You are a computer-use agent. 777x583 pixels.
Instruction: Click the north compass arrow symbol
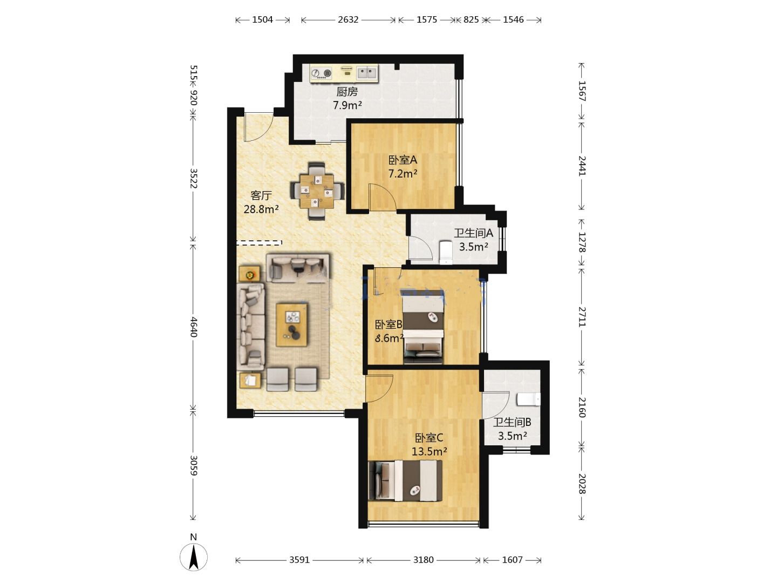pos(193,558)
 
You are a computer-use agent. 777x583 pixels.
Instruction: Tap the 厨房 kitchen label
pos(347,92)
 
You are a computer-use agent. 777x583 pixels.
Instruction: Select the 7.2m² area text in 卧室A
pos(403,174)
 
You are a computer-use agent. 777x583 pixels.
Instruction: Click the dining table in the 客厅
pos(317,191)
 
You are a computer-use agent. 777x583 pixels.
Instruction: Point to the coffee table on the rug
pos(292,324)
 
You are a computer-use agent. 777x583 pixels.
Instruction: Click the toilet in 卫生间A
pos(446,253)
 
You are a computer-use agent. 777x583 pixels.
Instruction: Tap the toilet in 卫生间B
pos(528,399)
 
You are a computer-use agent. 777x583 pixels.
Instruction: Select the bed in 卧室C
pos(405,480)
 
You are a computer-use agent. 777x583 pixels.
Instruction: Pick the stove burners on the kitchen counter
pos(322,74)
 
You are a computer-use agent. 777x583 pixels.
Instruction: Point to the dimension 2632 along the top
pos(348,19)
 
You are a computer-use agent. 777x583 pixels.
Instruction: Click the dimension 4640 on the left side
pos(193,327)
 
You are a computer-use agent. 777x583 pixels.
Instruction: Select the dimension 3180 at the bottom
pos(424,560)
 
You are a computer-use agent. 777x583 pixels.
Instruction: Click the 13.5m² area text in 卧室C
pos(429,451)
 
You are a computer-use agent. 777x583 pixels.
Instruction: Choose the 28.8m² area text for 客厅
pos(261,209)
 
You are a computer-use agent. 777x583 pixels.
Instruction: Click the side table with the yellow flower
pos(250,274)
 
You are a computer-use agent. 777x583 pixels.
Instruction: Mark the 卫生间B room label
pos(512,422)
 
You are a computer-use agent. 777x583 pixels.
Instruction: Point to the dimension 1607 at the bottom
pos(512,560)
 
